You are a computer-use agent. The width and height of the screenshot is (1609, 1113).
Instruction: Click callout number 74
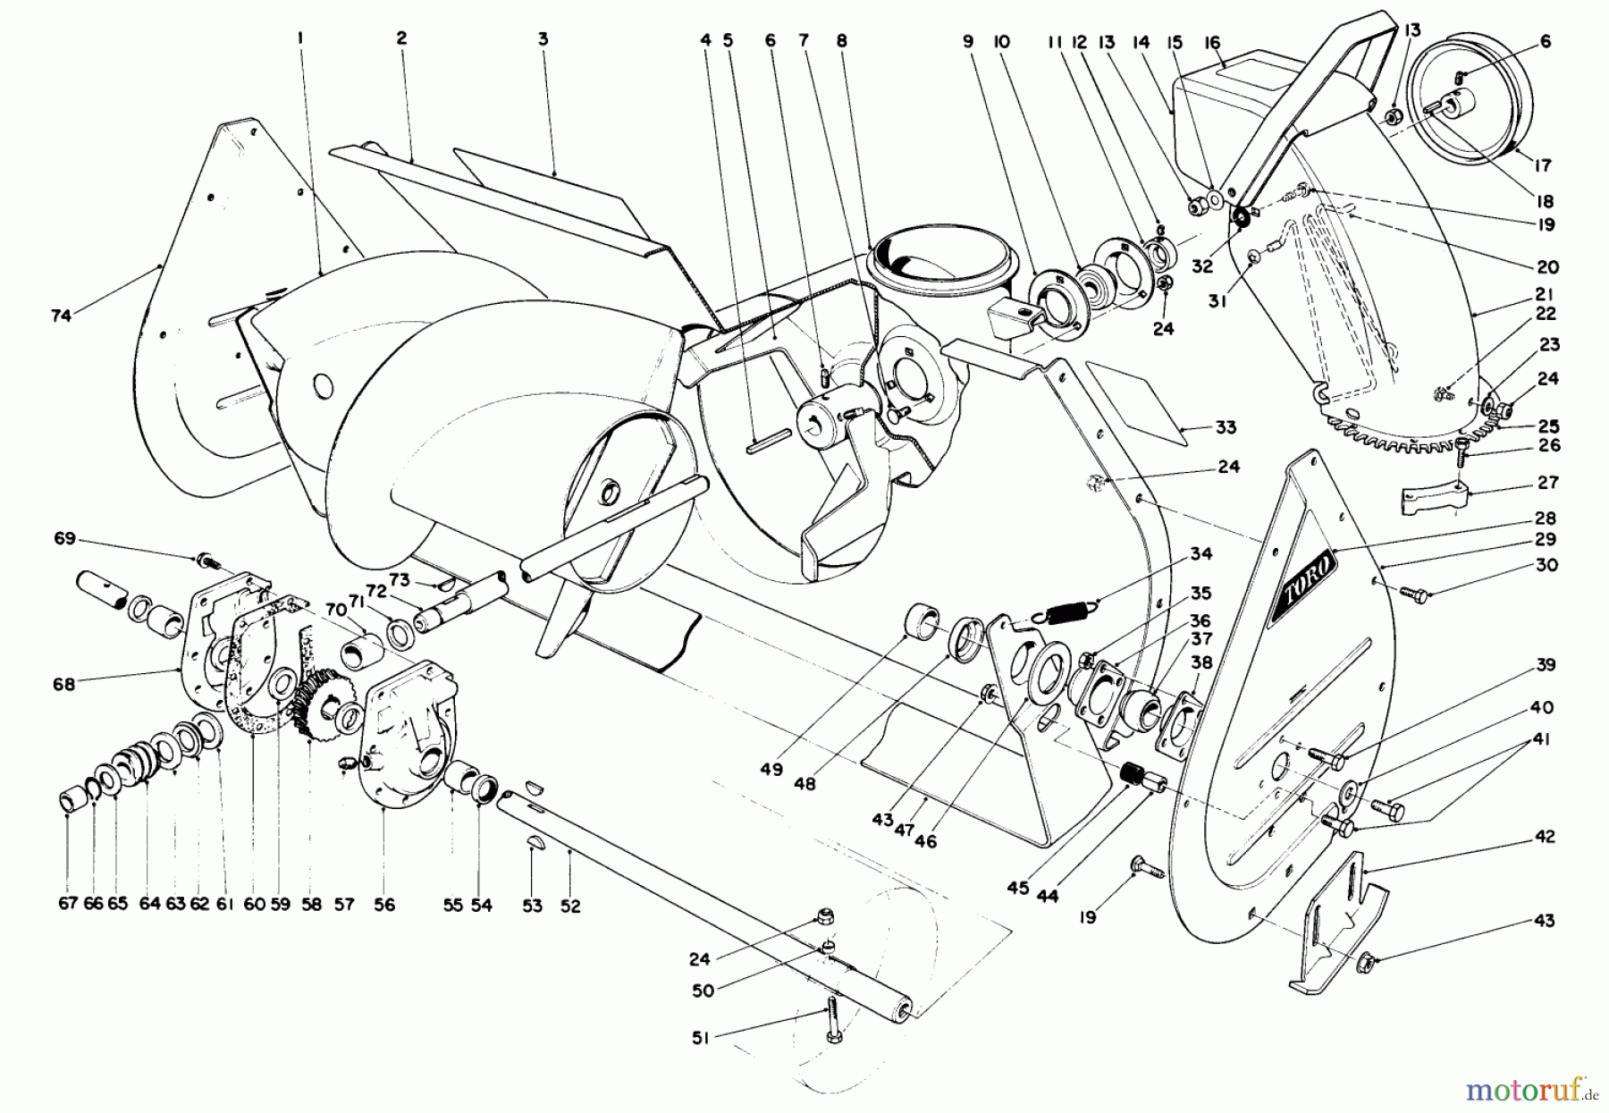(61, 316)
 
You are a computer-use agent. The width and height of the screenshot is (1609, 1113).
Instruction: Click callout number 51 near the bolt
(702, 1038)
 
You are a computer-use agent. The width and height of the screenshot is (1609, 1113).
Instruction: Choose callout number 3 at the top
(543, 39)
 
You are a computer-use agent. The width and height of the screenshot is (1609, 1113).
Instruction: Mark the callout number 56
(384, 905)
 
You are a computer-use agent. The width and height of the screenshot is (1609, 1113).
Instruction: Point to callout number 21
(1545, 294)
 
